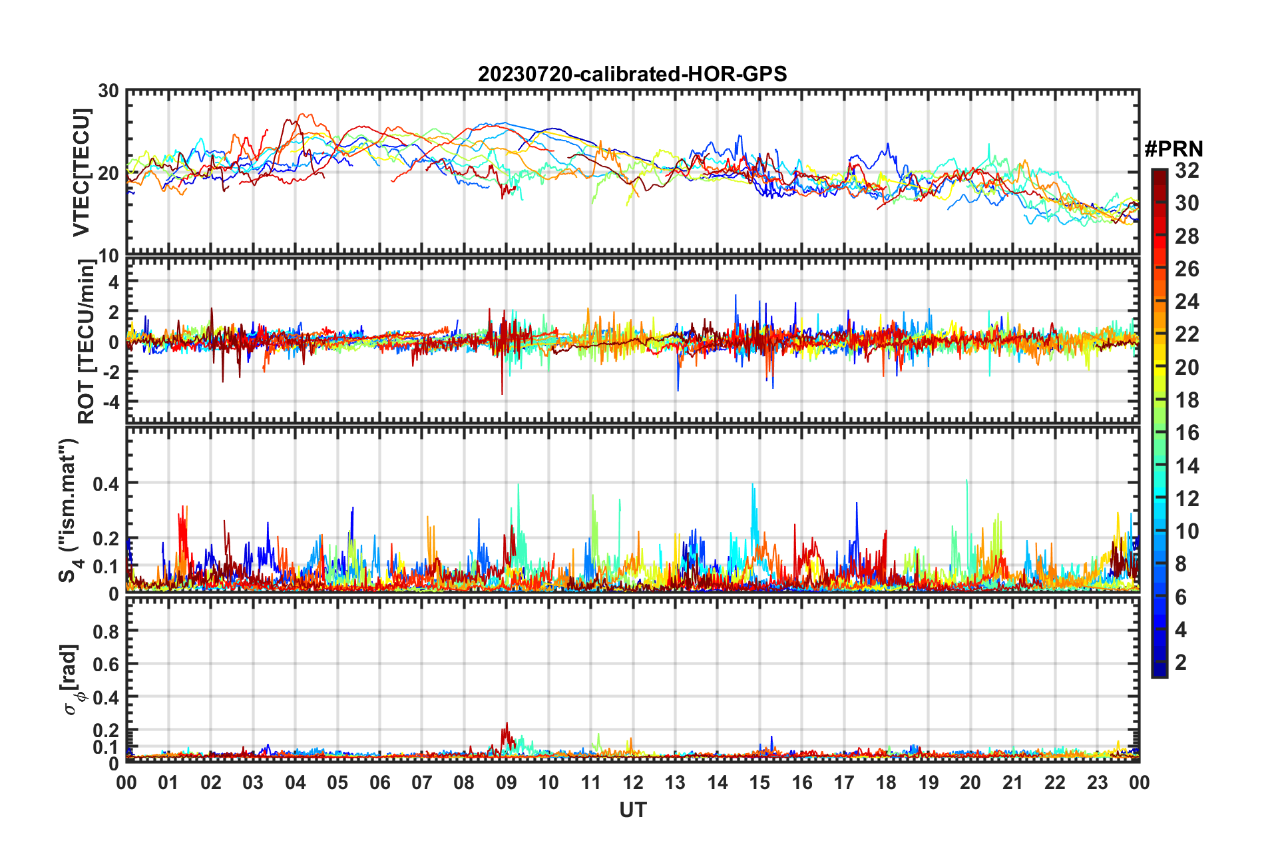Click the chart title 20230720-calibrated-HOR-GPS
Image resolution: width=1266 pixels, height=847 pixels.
pyautogui.click(x=632, y=74)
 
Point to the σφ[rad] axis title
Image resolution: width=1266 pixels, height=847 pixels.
pyautogui.click(x=71, y=679)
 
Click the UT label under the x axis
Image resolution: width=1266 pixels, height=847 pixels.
pyautogui.click(x=632, y=810)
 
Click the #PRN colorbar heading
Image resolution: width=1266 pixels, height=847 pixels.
pyautogui.click(x=1173, y=149)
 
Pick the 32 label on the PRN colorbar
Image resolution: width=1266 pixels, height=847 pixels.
pyautogui.click(x=1187, y=171)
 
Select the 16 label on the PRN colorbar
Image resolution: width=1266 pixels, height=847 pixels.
pyautogui.click(x=1187, y=433)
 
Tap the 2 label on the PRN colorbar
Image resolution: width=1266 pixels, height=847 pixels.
pyautogui.click(x=1181, y=663)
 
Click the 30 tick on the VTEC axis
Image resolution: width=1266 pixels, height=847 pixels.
pyautogui.click(x=108, y=91)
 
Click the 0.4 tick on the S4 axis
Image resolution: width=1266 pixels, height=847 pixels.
pyautogui.click(x=105, y=483)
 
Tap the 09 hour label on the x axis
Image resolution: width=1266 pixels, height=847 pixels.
pyautogui.click(x=506, y=782)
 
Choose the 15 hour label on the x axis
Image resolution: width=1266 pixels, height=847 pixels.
pyautogui.click(x=759, y=782)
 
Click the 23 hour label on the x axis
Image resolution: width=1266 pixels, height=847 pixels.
pyautogui.click(x=1097, y=782)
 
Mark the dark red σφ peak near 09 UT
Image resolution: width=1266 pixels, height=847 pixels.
pyautogui.click(x=507, y=724)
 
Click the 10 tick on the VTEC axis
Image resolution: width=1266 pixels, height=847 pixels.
pyautogui.click(x=108, y=256)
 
